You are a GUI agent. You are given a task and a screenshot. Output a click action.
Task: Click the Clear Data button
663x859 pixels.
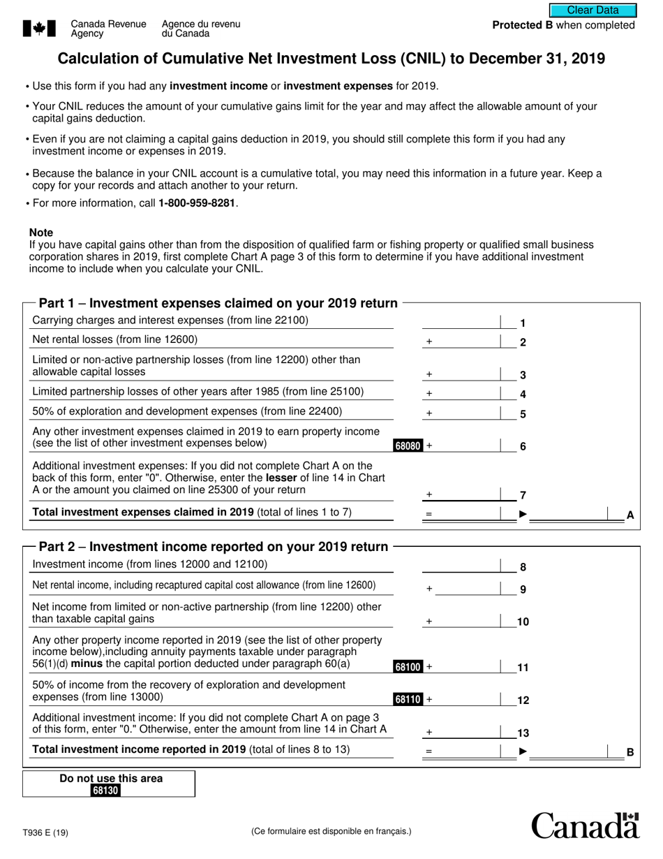[593, 10]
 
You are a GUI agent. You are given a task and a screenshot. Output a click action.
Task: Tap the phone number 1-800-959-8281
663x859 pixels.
[198, 203]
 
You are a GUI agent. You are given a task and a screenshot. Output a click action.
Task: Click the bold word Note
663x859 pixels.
[41, 233]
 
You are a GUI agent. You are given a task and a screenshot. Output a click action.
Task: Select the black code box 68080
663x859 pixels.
[408, 446]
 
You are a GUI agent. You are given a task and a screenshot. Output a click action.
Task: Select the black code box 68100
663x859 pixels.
[408, 667]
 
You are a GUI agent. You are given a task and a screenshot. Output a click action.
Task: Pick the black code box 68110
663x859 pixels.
[408, 699]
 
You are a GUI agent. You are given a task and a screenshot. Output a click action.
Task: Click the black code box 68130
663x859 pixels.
[106, 791]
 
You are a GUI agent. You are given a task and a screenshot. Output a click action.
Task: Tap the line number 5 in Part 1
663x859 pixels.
[523, 414]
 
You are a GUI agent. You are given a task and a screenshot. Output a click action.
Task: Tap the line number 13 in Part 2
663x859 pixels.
[523, 733]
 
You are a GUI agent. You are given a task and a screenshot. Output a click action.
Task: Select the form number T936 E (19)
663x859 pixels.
[45, 832]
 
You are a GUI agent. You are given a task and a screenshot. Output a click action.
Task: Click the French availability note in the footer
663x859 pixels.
[331, 831]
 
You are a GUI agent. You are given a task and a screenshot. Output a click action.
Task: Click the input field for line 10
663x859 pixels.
[461, 620]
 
